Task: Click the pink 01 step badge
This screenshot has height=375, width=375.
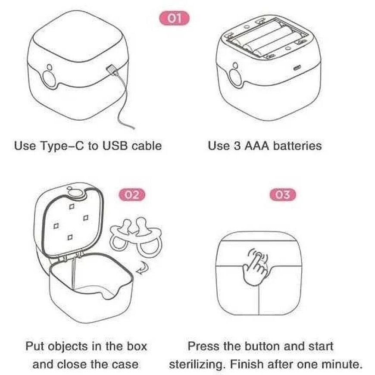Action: pyautogui.click(x=174, y=19)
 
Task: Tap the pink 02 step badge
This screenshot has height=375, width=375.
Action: pyautogui.click(x=132, y=195)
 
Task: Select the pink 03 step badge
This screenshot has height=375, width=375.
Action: pyautogui.click(x=283, y=195)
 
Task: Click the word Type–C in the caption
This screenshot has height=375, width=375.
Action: pyautogui.click(x=62, y=146)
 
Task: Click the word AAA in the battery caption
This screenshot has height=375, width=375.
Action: pyautogui.click(x=256, y=146)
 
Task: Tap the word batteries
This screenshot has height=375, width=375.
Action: pyautogui.click(x=297, y=146)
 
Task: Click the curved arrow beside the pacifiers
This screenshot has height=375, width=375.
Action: pyautogui.click(x=143, y=268)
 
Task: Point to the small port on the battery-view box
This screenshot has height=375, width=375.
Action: pyautogui.click(x=297, y=69)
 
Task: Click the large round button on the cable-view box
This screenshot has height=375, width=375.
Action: pyautogui.click(x=50, y=79)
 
